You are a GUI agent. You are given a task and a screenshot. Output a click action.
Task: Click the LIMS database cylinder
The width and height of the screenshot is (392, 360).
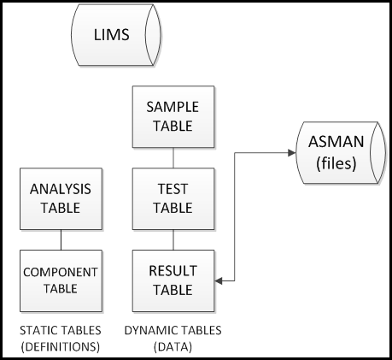click(x=116, y=35)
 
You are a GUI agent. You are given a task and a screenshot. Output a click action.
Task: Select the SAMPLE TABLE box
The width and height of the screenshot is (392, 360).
click(x=173, y=117)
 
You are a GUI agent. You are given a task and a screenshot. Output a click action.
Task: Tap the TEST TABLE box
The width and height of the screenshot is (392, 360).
click(x=173, y=198)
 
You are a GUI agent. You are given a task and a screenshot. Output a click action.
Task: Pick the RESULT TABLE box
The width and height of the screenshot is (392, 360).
click(x=173, y=280)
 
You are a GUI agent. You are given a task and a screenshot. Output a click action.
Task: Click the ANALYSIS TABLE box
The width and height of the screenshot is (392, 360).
click(x=61, y=198)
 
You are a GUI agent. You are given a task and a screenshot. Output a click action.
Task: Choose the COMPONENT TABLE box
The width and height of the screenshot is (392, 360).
click(x=61, y=280)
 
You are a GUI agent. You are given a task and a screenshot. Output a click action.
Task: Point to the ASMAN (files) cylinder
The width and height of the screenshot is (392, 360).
click(x=341, y=153)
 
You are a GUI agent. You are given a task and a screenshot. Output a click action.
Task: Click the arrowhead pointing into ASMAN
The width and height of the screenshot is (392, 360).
click(x=292, y=153)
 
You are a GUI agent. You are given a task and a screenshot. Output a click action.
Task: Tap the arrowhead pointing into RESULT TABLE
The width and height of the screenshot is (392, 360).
click(x=219, y=281)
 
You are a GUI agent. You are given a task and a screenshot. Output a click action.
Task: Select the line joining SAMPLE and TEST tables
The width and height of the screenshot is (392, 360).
click(x=173, y=158)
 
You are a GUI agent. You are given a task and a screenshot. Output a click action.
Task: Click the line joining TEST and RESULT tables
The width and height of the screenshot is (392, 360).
click(x=173, y=239)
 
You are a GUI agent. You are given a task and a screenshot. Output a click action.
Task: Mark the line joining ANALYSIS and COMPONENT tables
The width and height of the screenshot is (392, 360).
click(x=61, y=239)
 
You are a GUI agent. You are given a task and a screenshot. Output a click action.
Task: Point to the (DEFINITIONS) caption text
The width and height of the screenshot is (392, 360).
click(x=61, y=347)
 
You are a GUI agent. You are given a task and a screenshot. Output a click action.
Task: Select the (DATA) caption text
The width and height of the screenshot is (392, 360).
click(x=173, y=347)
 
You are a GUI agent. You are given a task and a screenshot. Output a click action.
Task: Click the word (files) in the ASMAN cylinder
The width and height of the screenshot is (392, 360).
click(x=336, y=163)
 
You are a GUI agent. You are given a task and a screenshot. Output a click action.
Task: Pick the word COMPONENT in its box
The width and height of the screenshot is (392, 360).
click(x=61, y=272)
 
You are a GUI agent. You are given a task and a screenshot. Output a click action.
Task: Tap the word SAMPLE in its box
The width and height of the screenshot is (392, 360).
click(x=173, y=107)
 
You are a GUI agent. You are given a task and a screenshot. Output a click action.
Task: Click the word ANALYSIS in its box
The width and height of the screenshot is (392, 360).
click(x=61, y=189)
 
